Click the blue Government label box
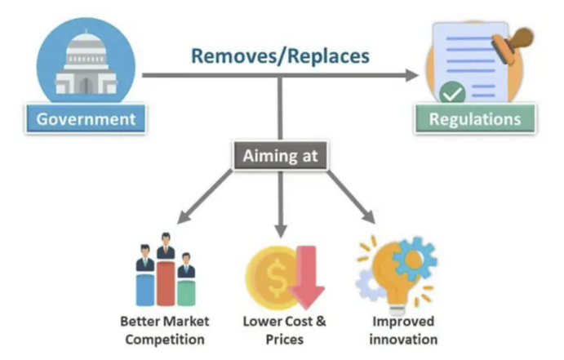tap(86, 119)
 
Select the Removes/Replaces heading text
tap(281, 56)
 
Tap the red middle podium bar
tap(167, 282)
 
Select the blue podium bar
tap(146, 287)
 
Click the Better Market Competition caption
tap(162, 330)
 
